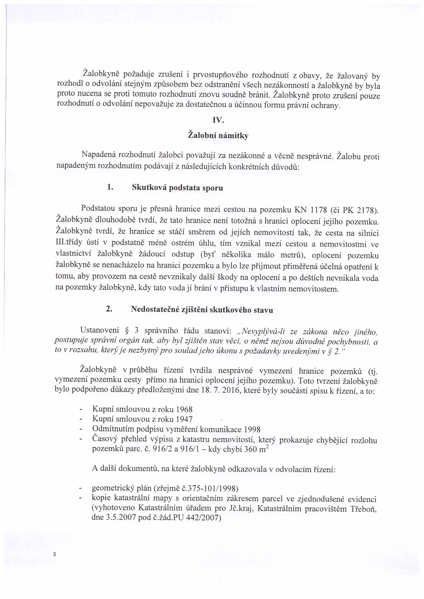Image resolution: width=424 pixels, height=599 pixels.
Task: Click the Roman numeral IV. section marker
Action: pos(219,121)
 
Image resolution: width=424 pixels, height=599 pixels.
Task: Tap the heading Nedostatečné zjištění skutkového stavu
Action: pos(202,310)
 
